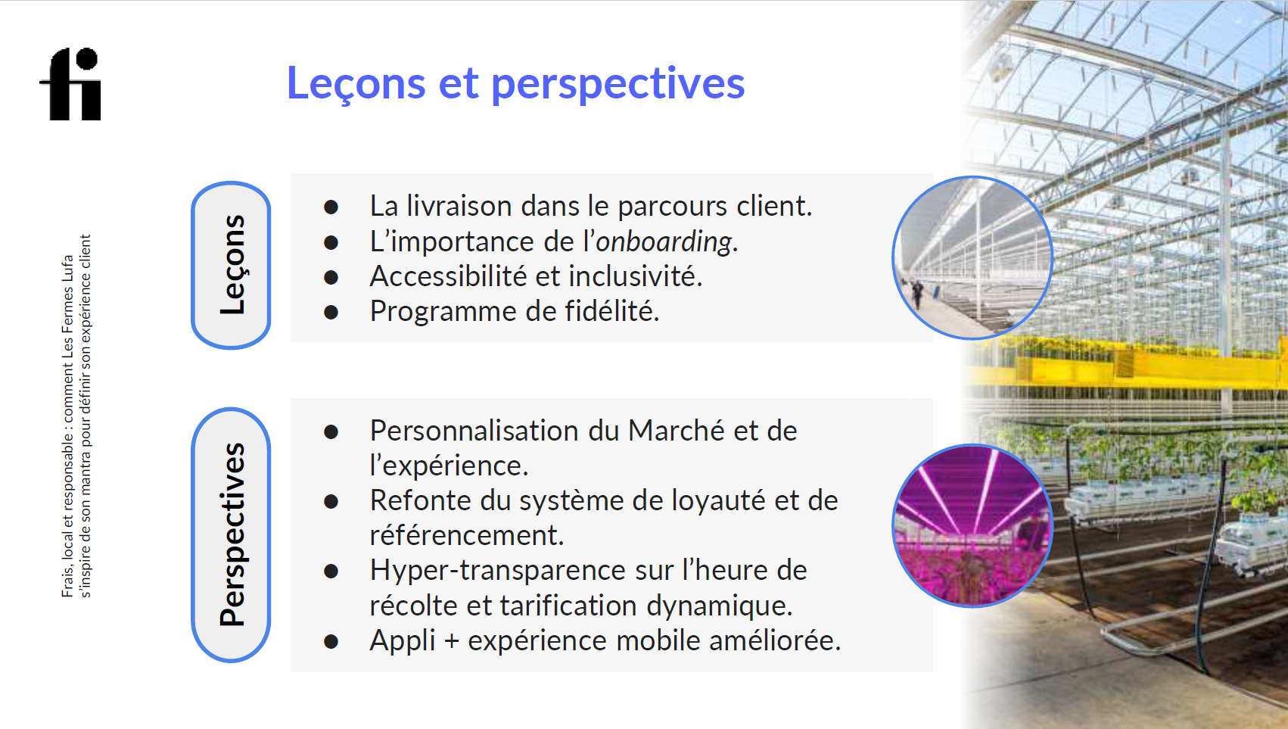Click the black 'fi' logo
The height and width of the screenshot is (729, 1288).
point(70,84)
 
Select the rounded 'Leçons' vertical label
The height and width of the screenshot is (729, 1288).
point(231,265)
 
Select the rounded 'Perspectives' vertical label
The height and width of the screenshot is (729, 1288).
point(231,534)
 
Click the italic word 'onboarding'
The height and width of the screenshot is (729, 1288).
point(664,241)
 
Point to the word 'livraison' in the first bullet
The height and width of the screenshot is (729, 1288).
point(459,206)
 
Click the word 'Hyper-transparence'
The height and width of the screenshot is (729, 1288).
point(498,571)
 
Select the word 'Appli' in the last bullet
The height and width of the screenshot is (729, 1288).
point(403,641)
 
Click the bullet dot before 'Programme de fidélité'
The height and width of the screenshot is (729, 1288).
point(331,313)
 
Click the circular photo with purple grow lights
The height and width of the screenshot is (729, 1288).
point(972,525)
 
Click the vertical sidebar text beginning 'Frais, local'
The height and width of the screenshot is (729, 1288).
point(76,416)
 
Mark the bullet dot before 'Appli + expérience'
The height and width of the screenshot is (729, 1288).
point(331,641)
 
